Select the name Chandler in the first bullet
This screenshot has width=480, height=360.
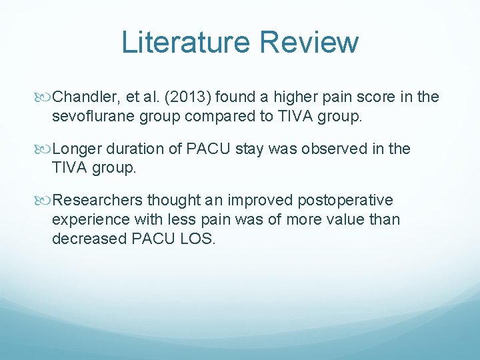pos(83,97)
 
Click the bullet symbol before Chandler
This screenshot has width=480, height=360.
pos(45,97)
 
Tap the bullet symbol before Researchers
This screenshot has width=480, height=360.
pos(45,201)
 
